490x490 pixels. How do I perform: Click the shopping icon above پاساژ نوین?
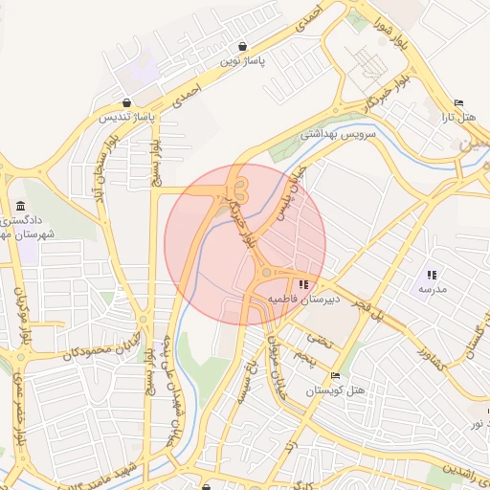point(243,45)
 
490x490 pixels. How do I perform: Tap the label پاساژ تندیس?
point(123,118)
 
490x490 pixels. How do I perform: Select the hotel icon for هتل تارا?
point(458,103)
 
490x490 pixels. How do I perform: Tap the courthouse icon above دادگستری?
point(21,208)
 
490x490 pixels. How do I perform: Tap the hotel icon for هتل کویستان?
point(334,376)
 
